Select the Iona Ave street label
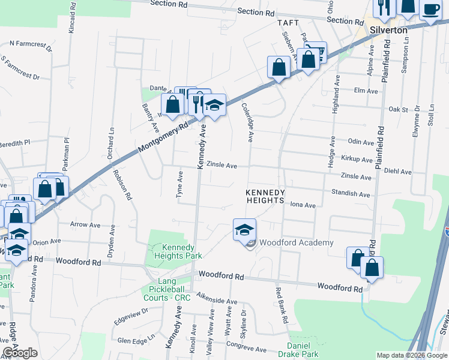pos(303,205)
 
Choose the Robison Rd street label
pos(122,183)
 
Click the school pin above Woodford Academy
pos(245,230)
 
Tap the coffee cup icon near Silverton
pos(431,8)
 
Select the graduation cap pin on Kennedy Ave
pos(214,106)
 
